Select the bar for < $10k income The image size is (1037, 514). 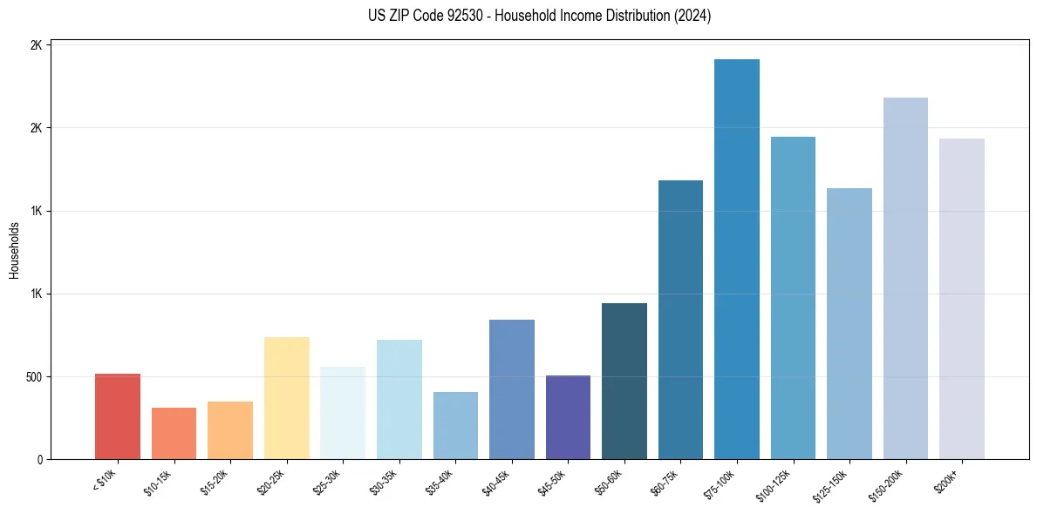coord(118,416)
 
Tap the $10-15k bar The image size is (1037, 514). coord(174,434)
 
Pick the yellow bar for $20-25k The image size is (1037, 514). coord(286,398)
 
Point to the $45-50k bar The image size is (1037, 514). coord(568,417)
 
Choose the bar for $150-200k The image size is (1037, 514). coord(905,279)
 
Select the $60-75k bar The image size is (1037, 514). coord(680,320)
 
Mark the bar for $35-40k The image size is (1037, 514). coord(455,426)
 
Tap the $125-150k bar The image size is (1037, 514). coord(849,324)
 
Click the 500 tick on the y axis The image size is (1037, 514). coord(32,377)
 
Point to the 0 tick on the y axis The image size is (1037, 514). coord(39,460)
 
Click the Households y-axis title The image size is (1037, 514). coord(15,250)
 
